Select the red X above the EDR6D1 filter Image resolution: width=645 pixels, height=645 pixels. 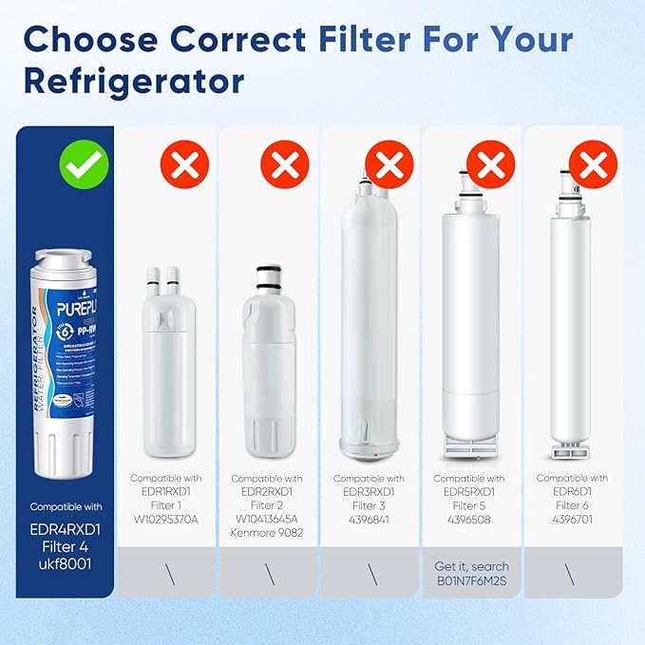click(x=592, y=164)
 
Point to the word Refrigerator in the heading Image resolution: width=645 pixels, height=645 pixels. click(x=135, y=82)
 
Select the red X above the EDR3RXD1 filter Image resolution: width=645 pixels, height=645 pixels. click(x=389, y=164)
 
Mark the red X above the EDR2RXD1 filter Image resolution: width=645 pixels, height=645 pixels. click(x=285, y=164)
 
